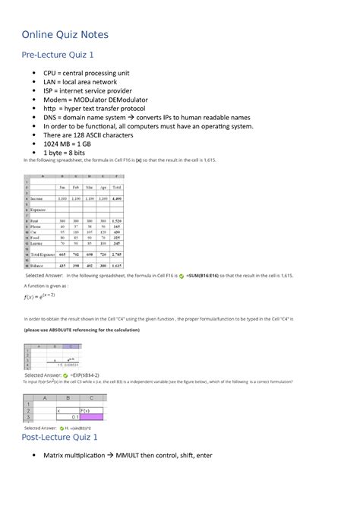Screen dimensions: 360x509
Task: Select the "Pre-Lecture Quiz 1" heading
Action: tap(58, 55)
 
